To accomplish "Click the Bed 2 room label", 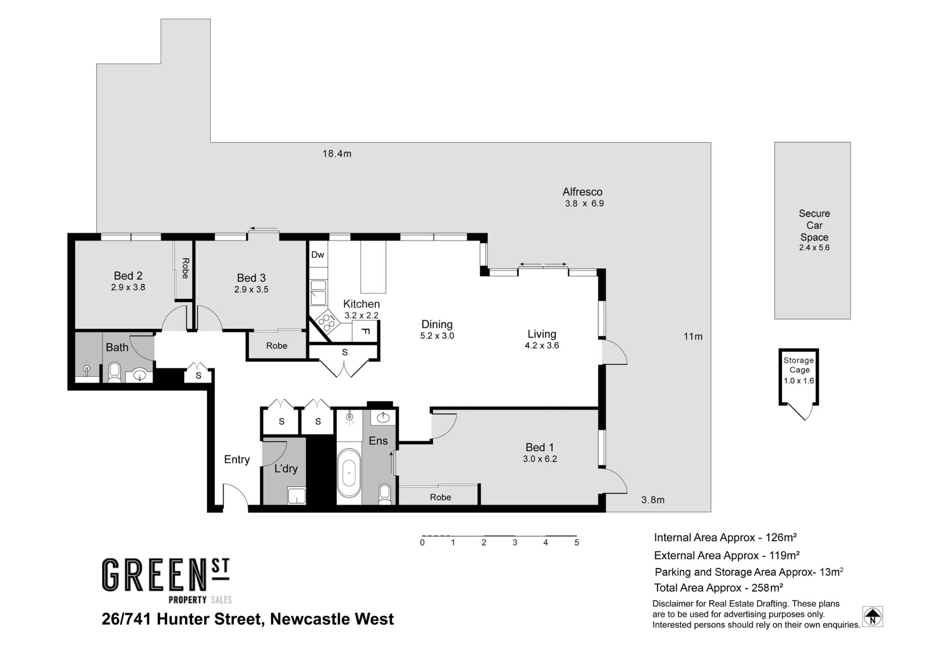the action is [128, 276].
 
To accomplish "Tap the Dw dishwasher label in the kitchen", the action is [317, 255].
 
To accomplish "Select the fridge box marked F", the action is [366, 331].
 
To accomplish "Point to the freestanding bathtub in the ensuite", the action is [349, 474].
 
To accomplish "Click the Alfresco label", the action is [583, 192].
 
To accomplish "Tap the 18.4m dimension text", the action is [337, 153].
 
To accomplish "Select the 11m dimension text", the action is [693, 336].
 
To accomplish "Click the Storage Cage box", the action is [799, 377].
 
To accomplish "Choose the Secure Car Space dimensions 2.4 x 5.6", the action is [814, 248].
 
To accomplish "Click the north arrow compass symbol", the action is [872, 617].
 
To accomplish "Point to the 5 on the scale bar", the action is [577, 543].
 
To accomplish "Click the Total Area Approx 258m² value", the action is [768, 588].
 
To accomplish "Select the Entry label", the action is [237, 459].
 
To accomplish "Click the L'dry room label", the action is [286, 468].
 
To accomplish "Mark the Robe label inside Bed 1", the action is [440, 497].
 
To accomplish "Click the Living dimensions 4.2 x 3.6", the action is [542, 346].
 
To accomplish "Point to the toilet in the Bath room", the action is [114, 372].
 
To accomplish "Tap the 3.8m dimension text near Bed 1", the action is [653, 500].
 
